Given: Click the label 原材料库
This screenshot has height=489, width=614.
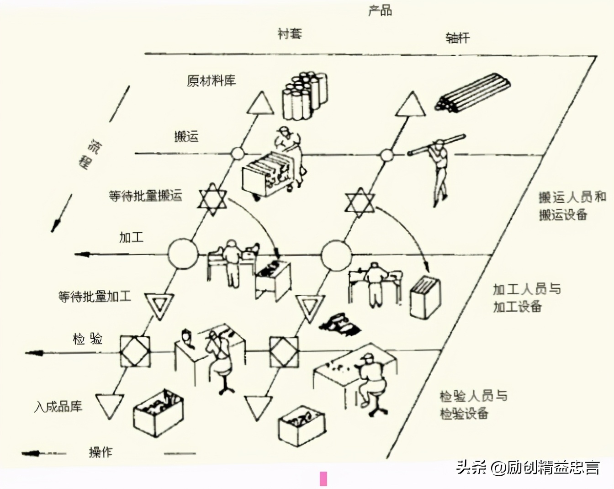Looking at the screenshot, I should click(211, 81).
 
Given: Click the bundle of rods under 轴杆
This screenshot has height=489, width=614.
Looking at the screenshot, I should click(472, 92).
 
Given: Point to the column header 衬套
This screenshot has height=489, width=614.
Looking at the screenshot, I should click(290, 33).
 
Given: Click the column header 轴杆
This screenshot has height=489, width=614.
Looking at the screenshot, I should click(457, 37).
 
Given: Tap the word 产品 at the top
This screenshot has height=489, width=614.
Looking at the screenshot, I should click(380, 10).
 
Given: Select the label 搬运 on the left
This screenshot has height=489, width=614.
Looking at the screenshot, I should click(186, 136).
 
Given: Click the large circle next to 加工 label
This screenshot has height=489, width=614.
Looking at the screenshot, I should click(183, 254).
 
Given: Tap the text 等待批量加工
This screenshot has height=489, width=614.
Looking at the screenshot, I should click(95, 297).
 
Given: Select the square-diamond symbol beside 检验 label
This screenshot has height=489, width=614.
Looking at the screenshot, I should click(135, 351).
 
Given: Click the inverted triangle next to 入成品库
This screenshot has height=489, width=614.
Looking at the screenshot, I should click(110, 405).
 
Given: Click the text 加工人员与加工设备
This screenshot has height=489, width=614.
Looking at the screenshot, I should click(526, 298).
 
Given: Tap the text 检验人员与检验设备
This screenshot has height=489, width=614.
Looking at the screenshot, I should click(473, 404).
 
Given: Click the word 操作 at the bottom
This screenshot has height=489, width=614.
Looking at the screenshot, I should click(101, 452).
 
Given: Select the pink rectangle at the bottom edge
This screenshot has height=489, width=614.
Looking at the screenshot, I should click(323, 478).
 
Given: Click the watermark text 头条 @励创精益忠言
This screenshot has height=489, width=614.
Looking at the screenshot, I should click(528, 468).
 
